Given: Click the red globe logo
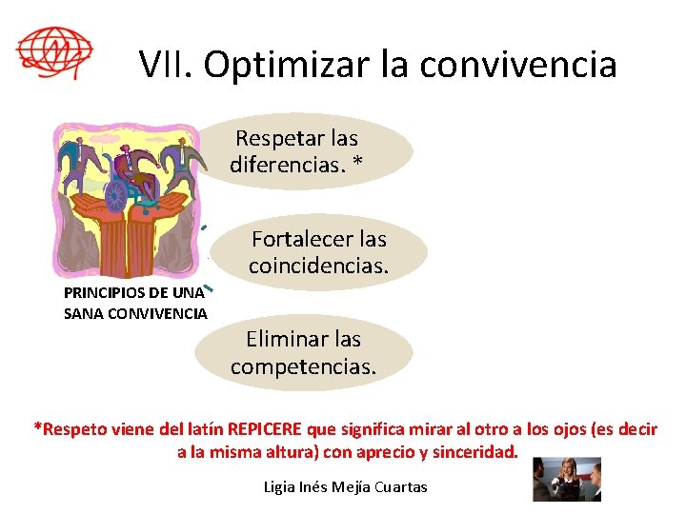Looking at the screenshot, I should pos(54,51).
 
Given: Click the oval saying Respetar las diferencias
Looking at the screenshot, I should pos(314,152).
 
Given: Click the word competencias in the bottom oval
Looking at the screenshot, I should pos(303,366).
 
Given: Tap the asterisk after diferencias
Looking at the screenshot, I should pos(357,165).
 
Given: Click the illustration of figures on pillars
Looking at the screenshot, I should pos(130,200).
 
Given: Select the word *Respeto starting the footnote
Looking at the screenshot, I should pos(66,429).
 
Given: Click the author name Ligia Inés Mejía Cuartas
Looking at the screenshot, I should pos(345,487).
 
